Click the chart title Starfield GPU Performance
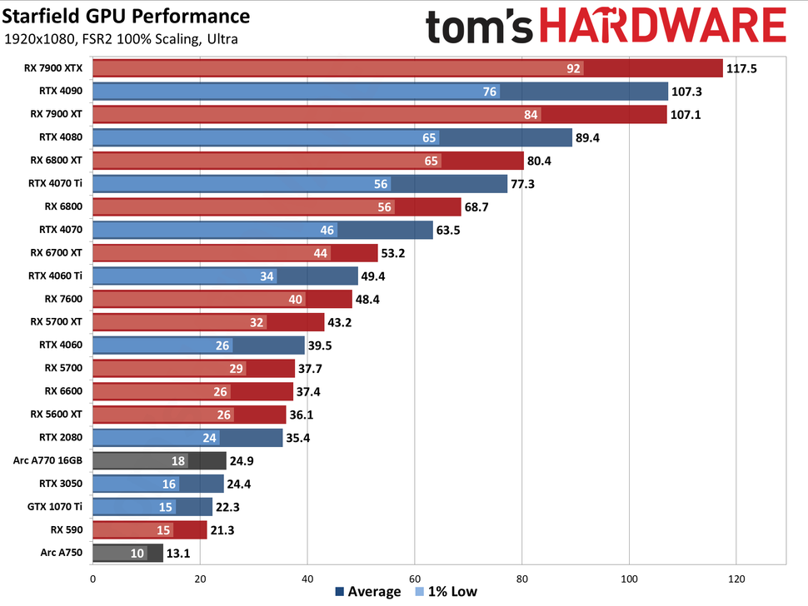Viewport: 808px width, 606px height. pos(127,16)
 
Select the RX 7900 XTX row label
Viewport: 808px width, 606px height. pos(56,68)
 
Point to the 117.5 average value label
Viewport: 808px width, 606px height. pos(741,68)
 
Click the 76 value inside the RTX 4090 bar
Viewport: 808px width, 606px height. pos(491,92)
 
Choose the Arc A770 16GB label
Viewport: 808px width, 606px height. pos(51,459)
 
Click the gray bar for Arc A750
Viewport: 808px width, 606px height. pos(127,552)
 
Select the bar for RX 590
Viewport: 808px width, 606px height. pos(149,529)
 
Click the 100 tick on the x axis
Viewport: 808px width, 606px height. pos(629,578)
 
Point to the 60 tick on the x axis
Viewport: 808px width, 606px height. pos(414,578)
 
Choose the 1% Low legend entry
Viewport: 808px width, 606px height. pos(448,592)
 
